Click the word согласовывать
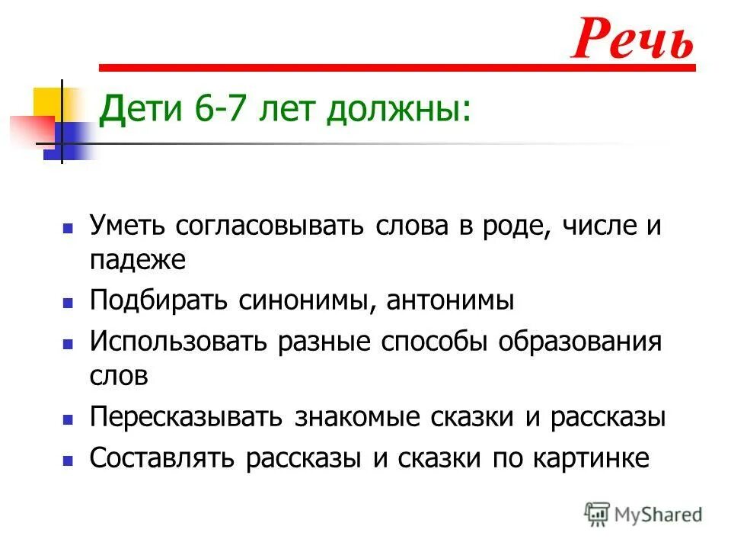click(272, 226)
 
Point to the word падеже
click(137, 260)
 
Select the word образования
click(579, 341)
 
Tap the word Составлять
click(166, 458)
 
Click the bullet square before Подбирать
click(68, 303)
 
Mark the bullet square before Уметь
click(68, 228)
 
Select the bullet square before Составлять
click(68, 460)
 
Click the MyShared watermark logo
click(643, 514)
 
